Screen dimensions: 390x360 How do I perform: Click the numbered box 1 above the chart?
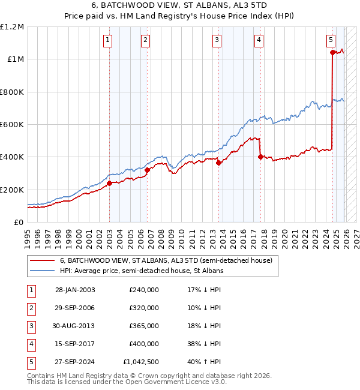(107, 40)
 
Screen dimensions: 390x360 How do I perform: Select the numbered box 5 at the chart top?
(331, 40)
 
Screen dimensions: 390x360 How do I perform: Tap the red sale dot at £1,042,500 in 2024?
(332, 52)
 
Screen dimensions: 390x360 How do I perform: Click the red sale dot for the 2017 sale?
(260, 157)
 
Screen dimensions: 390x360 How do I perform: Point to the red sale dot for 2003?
(109, 184)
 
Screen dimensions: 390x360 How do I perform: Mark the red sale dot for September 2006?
(148, 170)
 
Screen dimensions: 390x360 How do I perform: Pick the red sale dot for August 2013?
(219, 163)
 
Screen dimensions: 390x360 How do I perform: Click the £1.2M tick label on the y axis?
(12, 27)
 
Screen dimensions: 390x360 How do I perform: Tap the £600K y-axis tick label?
(12, 125)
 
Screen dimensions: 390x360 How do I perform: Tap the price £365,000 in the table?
(144, 326)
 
